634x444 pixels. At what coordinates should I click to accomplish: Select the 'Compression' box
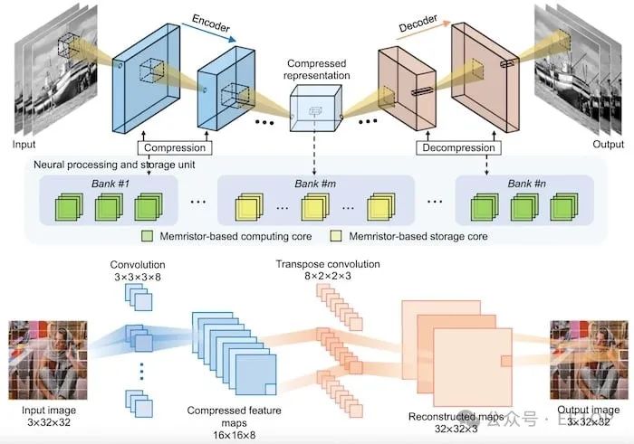[175, 146]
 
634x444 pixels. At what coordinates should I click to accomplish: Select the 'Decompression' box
[457, 146]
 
